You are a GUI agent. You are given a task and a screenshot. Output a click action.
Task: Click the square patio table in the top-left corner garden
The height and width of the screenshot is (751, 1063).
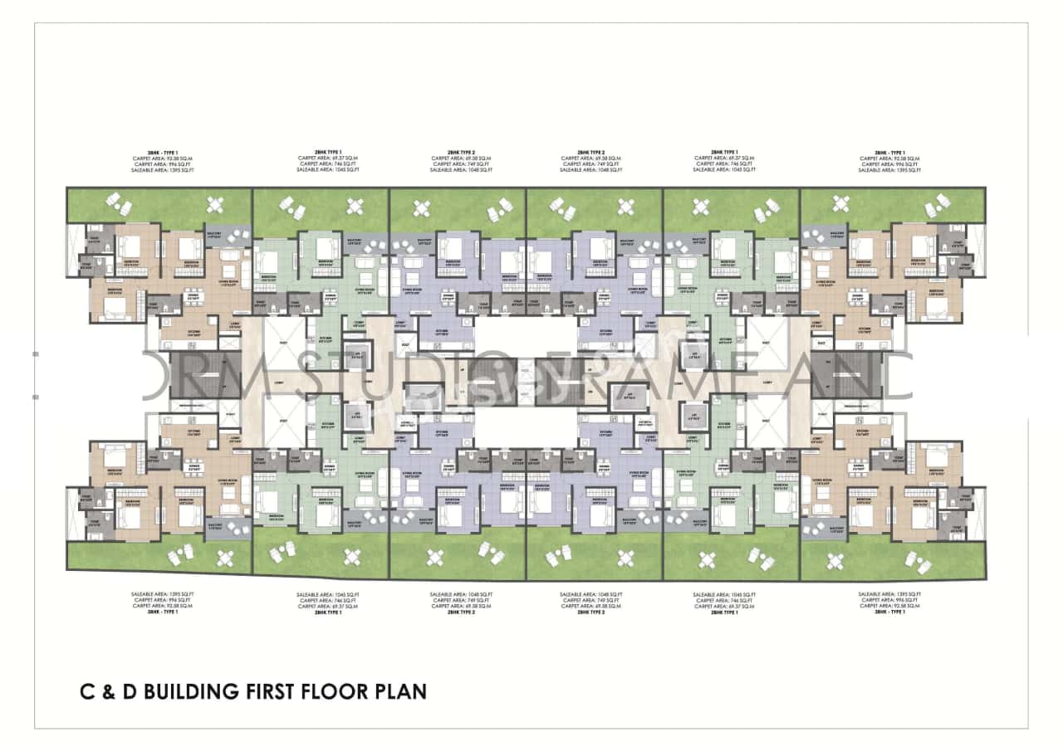click(x=217, y=204)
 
